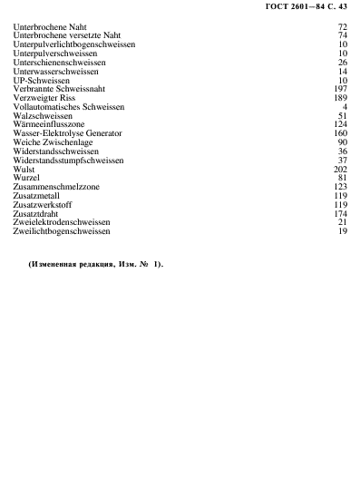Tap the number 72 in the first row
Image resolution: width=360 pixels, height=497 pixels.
(343, 28)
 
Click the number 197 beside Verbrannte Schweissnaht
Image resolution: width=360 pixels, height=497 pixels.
(341, 89)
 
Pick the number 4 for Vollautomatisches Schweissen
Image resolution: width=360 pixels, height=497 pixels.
(345, 107)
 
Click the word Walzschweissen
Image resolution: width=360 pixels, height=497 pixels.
(42, 116)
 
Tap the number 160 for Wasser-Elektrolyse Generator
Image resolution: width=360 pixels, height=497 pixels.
(341, 133)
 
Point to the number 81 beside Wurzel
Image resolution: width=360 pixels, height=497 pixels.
(343, 178)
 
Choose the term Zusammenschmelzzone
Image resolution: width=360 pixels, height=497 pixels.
(56, 186)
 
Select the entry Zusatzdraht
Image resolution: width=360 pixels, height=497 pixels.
(36, 213)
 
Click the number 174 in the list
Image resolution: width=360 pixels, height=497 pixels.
(341, 213)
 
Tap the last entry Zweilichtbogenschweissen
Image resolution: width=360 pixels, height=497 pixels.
(62, 230)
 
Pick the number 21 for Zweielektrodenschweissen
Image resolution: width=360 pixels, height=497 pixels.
(343, 222)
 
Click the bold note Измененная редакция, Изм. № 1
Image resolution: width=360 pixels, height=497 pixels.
(96, 264)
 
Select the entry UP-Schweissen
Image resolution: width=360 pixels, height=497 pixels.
(42, 81)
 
